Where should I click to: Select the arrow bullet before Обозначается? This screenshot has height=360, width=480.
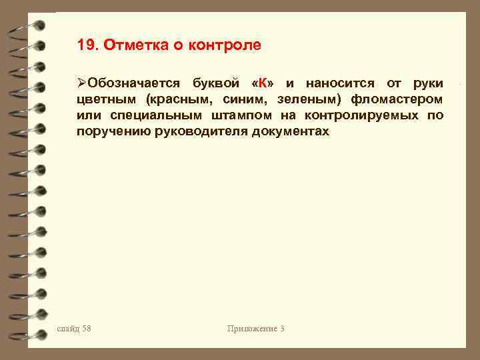(x=81, y=83)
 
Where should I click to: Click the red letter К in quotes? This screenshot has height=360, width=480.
(x=263, y=83)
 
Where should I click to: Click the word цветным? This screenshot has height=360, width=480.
(x=107, y=99)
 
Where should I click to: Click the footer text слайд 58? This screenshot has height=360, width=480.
(x=74, y=329)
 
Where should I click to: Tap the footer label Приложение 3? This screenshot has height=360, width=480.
(x=255, y=329)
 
